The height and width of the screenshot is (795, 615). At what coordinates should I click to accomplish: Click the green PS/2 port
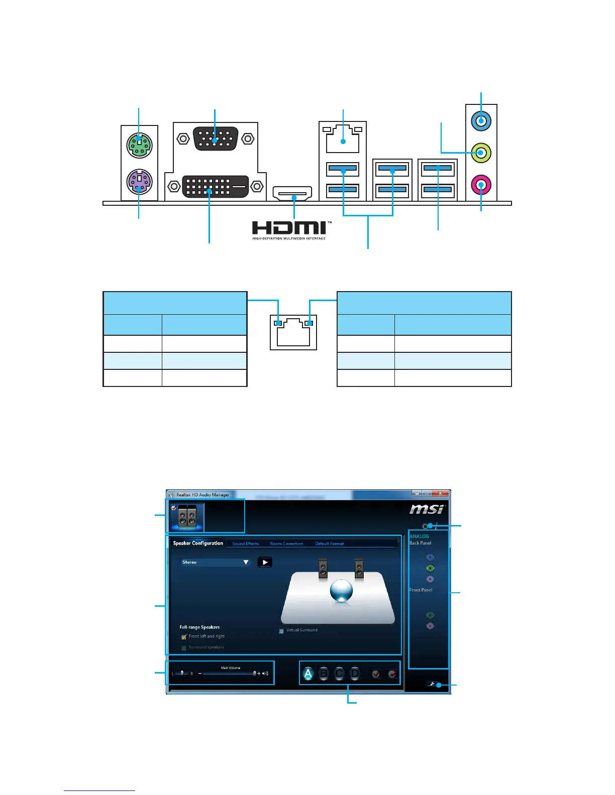click(x=139, y=145)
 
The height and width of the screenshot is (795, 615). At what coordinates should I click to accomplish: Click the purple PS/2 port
click(x=139, y=182)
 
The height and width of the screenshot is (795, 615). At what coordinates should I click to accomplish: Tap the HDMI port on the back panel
click(x=292, y=193)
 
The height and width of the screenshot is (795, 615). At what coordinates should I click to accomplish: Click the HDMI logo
click(x=289, y=229)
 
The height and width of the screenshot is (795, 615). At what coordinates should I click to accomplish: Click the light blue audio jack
click(x=481, y=121)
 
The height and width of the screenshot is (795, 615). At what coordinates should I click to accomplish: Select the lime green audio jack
click(x=481, y=153)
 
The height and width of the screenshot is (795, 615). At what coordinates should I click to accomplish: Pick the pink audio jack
click(x=481, y=185)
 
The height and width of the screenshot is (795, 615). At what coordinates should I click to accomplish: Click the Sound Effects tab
click(x=245, y=544)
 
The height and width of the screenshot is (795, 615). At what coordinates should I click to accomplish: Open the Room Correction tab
click(x=286, y=544)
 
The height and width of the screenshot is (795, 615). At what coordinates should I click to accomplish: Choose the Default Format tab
click(x=330, y=544)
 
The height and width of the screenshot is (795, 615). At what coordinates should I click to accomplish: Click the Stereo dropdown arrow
click(x=246, y=562)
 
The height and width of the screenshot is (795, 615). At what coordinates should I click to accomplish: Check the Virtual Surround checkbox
click(x=281, y=631)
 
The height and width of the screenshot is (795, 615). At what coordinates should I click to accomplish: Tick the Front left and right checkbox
click(x=184, y=637)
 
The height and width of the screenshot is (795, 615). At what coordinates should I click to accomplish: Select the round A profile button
click(x=308, y=674)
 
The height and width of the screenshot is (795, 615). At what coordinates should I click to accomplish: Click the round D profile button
click(x=355, y=674)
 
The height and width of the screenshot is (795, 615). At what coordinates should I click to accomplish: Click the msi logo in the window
click(x=427, y=509)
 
